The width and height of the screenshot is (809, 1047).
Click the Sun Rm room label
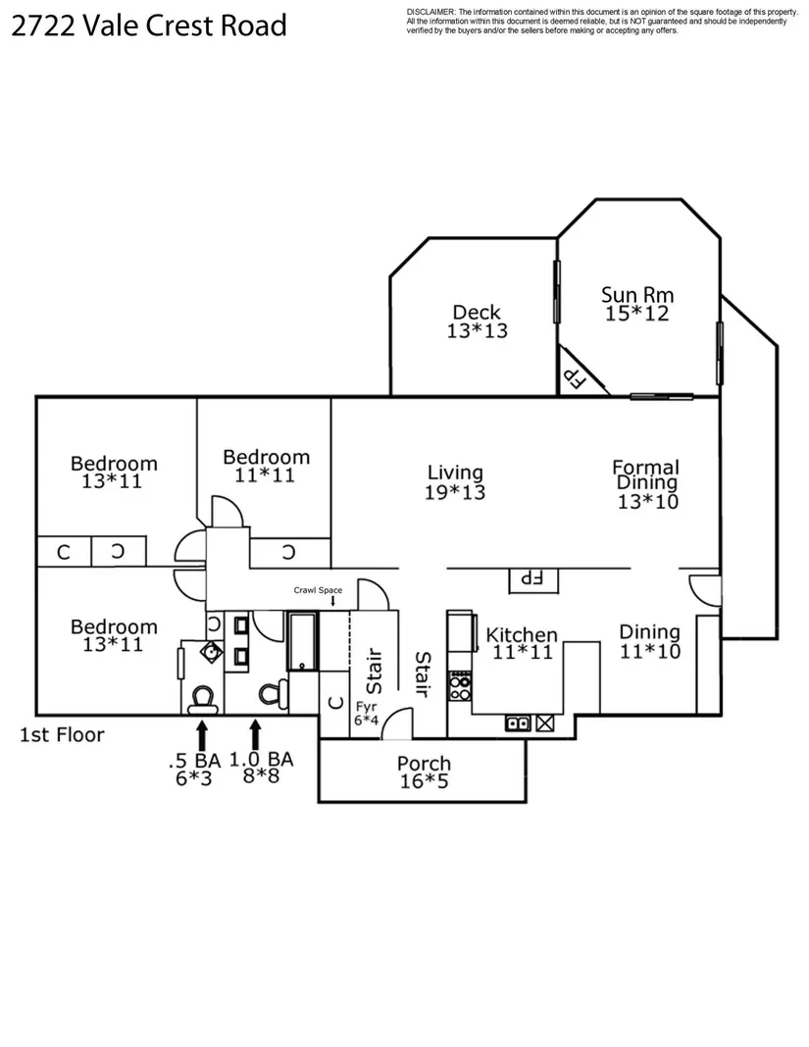pyautogui.click(x=636, y=304)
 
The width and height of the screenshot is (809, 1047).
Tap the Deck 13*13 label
pyautogui.click(x=477, y=322)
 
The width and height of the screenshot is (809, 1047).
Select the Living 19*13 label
pyautogui.click(x=455, y=482)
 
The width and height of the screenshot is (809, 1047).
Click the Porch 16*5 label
pyautogui.click(x=424, y=772)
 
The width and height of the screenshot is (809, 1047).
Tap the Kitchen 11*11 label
pyautogui.click(x=522, y=643)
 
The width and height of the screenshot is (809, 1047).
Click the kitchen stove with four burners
pyautogui.click(x=460, y=686)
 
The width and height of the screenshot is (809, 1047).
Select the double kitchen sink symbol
pyautogui.click(x=518, y=723)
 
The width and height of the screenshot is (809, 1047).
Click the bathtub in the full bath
pyautogui.click(x=303, y=641)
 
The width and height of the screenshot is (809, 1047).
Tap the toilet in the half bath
pyautogui.click(x=202, y=698)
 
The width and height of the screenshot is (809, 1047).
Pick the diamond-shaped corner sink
pyautogui.click(x=212, y=651)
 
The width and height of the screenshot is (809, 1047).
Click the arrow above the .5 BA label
pyautogui.click(x=202, y=734)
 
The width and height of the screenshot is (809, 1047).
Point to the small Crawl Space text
pyautogui.click(x=318, y=590)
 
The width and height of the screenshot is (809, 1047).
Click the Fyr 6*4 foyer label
pyautogui.click(x=366, y=713)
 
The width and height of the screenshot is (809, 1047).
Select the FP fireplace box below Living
pyautogui.click(x=533, y=579)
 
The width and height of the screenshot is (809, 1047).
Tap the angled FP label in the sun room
pyautogui.click(x=576, y=378)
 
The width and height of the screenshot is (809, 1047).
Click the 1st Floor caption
pyautogui.click(x=62, y=735)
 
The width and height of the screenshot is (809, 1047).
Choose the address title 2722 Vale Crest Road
pyautogui.click(x=149, y=26)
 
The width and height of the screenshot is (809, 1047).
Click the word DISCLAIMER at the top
pyautogui.click(x=430, y=12)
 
